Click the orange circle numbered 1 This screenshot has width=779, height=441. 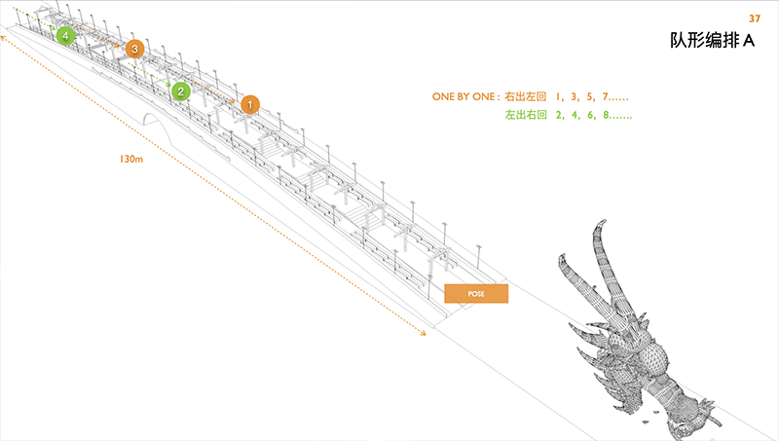click(250, 103)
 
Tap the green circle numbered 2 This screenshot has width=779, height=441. click(180, 91)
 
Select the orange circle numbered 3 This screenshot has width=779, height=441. click(134, 48)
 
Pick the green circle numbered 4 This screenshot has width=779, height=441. click(65, 36)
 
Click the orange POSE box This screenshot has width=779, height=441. click(476, 293)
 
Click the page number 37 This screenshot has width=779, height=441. click(754, 18)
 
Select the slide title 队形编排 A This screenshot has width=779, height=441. click(713, 41)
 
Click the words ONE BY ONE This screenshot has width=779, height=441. click(464, 97)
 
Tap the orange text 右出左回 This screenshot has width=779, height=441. click(525, 97)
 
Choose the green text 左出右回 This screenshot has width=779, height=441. click(525, 115)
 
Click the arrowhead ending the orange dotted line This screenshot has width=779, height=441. click(424, 334)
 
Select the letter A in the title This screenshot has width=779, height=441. click(750, 41)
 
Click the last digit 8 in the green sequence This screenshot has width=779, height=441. click(606, 115)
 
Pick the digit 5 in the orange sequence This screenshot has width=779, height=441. click(588, 97)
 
